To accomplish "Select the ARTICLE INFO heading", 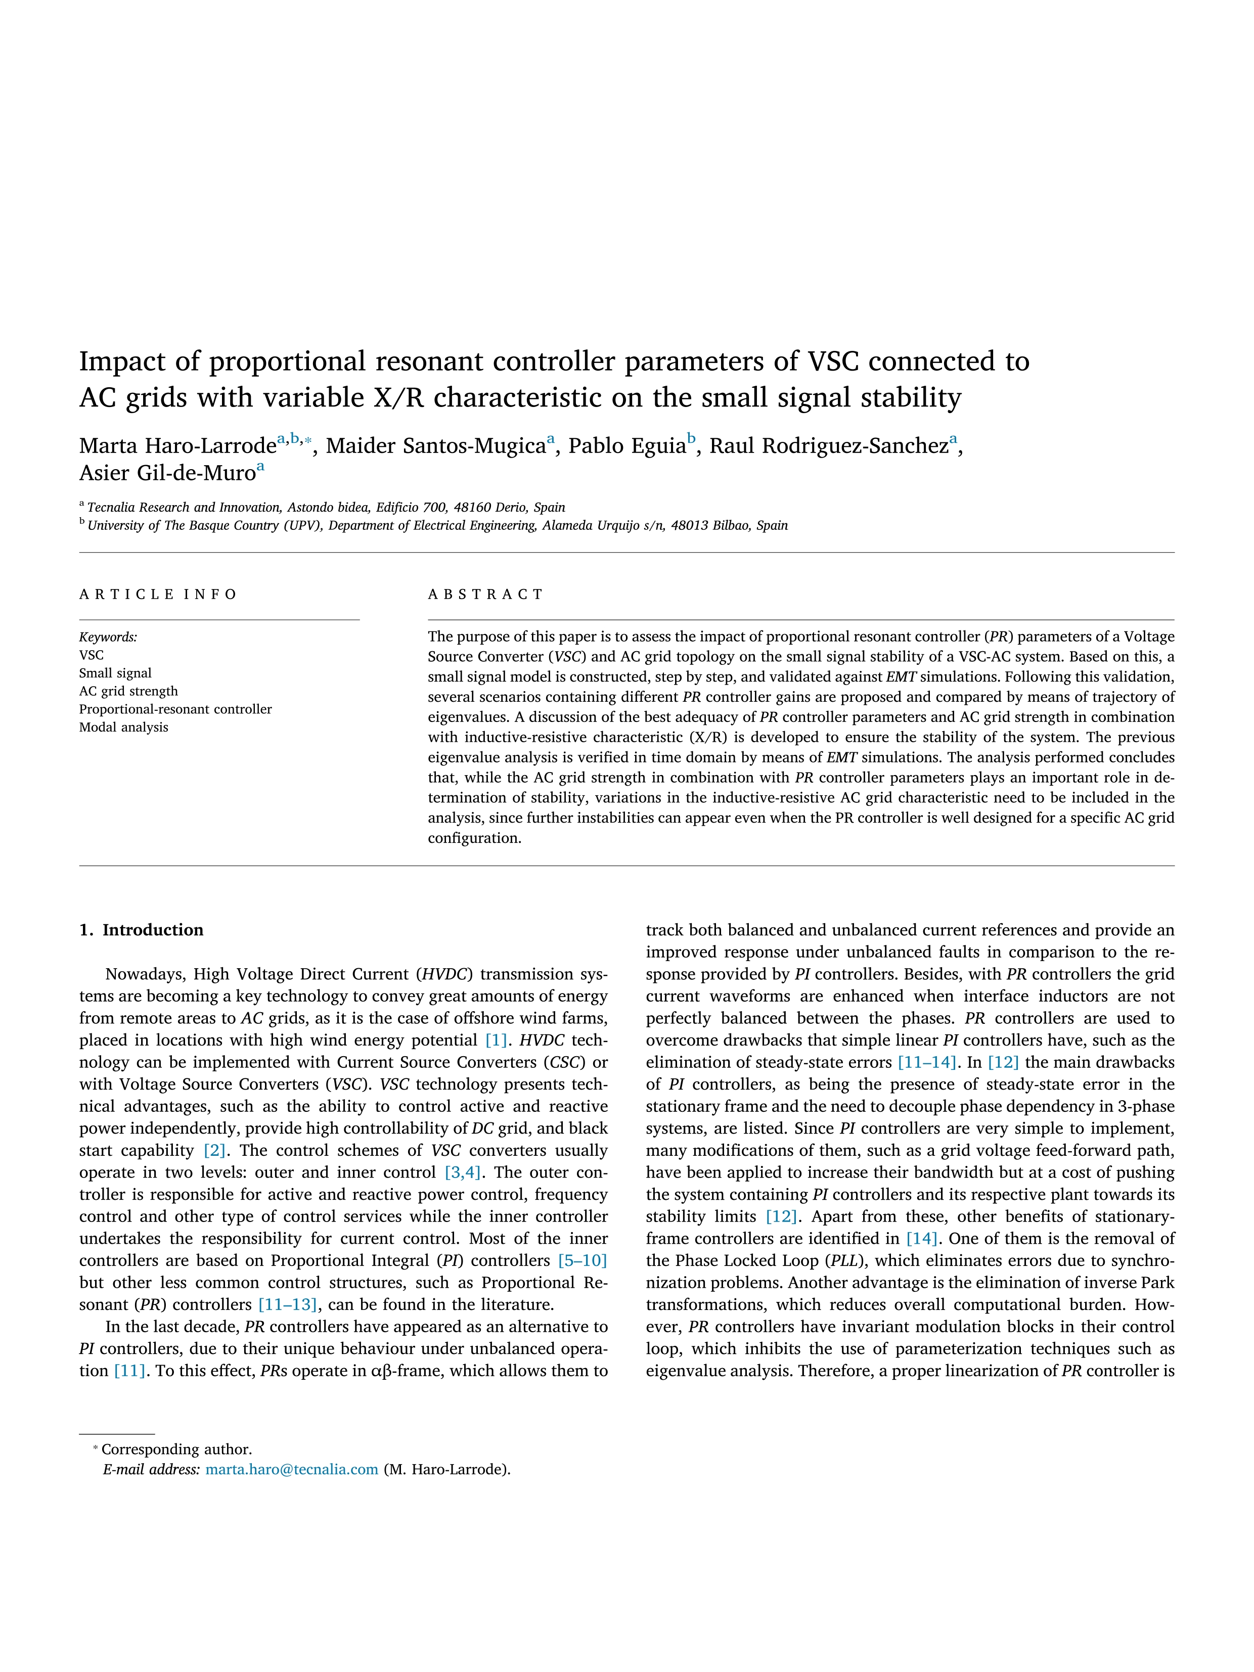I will click(158, 594).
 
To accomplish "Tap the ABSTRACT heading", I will click(485, 594).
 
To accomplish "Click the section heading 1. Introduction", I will click(142, 930).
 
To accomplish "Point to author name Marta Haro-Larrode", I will click(177, 446).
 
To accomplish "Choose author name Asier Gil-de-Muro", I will click(167, 473).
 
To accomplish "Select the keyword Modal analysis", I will click(124, 727).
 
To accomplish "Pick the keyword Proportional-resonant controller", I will click(175, 709).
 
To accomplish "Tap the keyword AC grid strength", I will click(128, 691).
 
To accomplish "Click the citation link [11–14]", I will click(927, 1062).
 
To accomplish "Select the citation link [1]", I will click(496, 1040).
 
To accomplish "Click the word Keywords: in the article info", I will click(108, 637).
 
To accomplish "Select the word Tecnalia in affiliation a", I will click(112, 507).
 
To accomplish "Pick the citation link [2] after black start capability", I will click(215, 1150).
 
